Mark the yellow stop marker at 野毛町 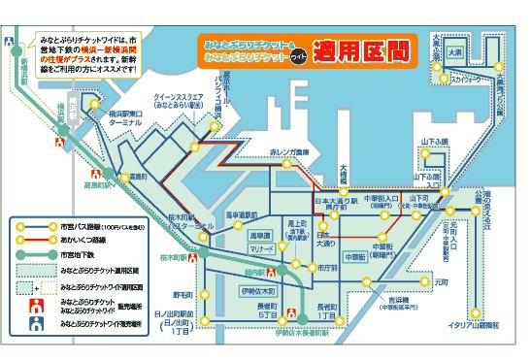(x=203, y=293)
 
